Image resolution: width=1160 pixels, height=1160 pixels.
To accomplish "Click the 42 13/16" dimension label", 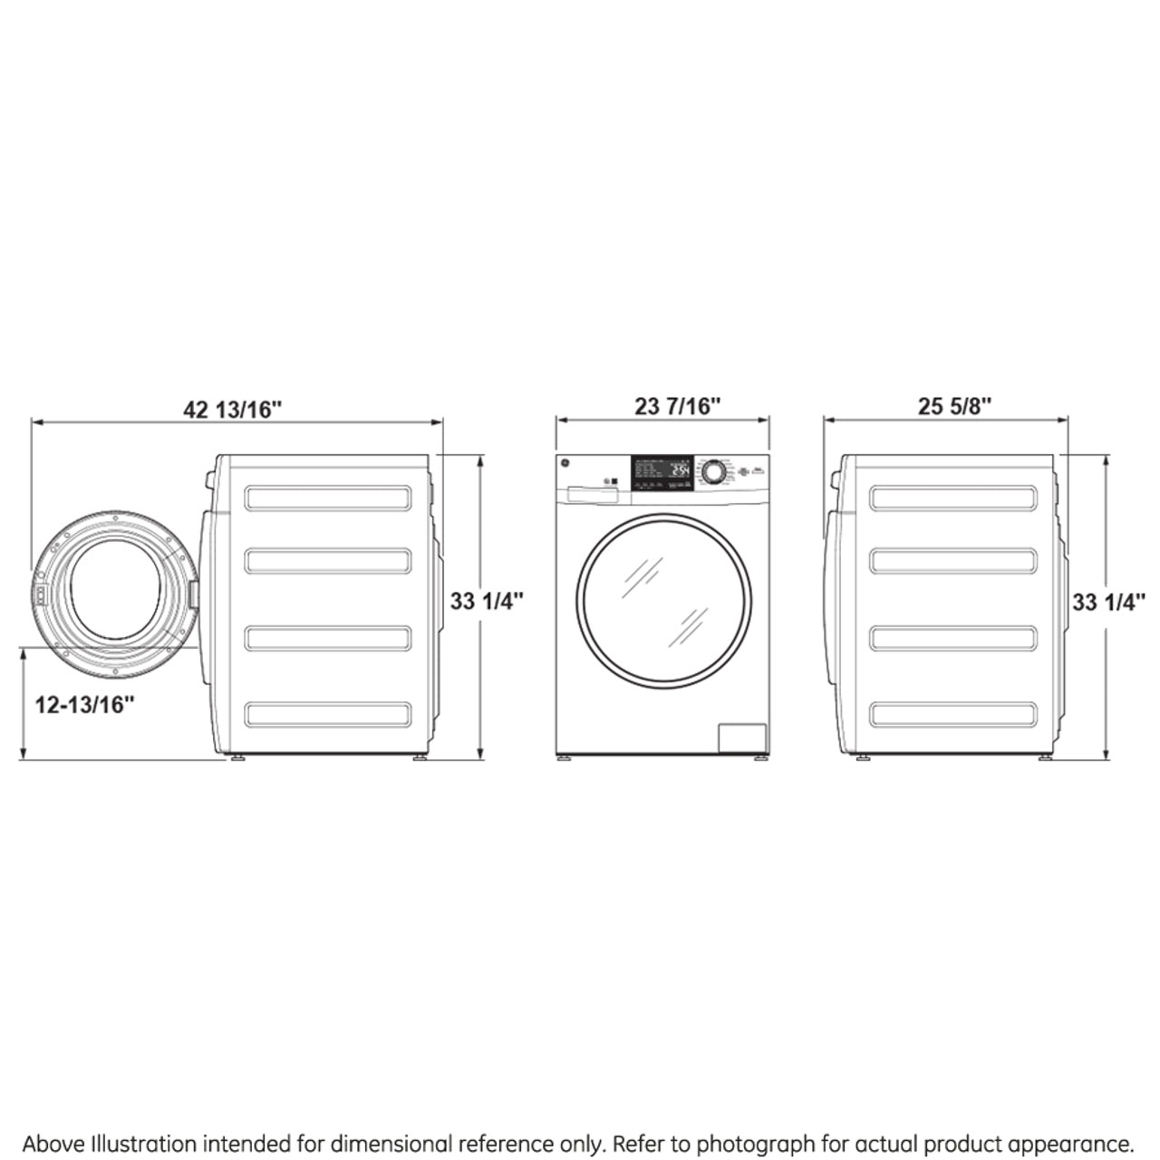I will click(233, 410).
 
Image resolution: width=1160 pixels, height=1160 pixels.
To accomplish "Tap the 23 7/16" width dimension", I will click(677, 406).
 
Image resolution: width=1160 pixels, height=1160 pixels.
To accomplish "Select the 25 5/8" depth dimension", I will click(954, 406).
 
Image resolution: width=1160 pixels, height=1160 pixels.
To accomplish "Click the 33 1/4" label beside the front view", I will click(487, 601).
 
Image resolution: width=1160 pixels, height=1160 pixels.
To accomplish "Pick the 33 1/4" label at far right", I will click(1108, 602).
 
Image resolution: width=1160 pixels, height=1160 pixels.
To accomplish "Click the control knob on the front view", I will click(713, 471).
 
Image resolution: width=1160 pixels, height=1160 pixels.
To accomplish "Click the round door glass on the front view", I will click(663, 600).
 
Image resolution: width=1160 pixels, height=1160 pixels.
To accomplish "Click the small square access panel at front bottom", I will click(742, 738).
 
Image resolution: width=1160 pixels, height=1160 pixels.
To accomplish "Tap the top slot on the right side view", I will click(952, 498).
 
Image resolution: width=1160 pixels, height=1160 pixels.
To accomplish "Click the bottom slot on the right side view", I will click(952, 714).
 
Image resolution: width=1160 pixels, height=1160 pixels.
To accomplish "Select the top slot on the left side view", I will click(327, 498).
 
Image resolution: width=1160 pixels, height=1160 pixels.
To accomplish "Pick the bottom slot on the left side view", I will click(327, 714).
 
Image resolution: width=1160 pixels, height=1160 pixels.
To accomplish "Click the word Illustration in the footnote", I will click(140, 1144).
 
